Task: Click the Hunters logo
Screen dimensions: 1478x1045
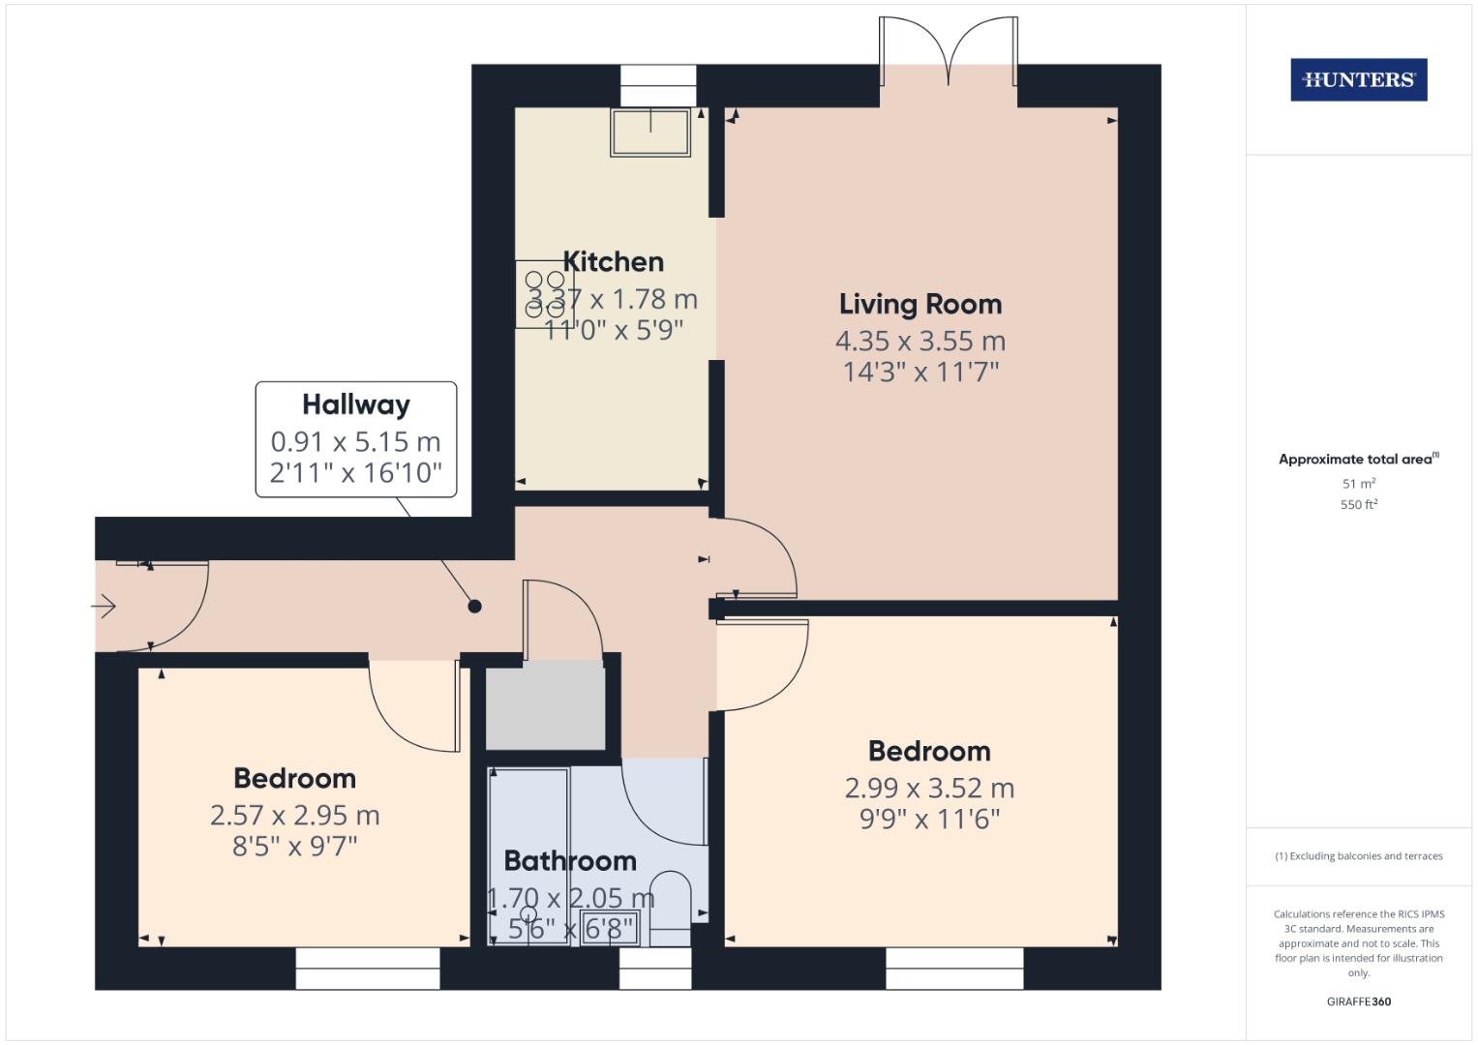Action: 1359,79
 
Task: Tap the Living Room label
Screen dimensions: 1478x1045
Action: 920,304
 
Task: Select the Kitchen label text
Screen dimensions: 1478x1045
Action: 613,262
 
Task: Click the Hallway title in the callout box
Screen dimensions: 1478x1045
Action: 356,404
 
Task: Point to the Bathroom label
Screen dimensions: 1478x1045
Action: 570,861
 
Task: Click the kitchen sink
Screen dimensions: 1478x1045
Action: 650,132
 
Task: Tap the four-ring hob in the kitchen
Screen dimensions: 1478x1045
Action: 544,294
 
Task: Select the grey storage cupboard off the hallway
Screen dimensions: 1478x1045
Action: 546,707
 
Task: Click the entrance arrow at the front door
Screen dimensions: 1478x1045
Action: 104,606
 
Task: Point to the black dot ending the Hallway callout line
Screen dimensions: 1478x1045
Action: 474,607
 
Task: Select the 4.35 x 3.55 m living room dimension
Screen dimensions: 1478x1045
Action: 920,341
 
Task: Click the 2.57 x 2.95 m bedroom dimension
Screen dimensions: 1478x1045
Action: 295,816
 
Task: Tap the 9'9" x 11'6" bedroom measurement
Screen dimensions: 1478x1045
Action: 930,820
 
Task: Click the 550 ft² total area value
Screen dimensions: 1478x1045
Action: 1359,504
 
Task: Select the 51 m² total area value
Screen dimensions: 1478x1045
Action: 1359,483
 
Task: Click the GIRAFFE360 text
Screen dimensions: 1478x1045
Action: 1359,1001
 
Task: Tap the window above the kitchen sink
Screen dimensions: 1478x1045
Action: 658,86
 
